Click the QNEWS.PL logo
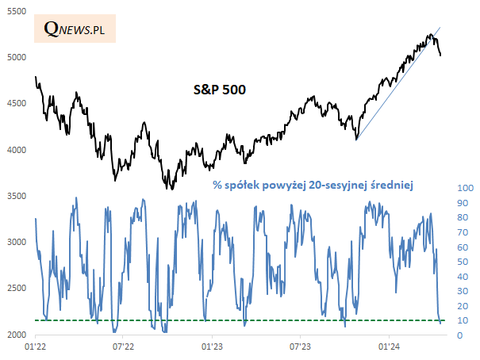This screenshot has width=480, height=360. (74, 29)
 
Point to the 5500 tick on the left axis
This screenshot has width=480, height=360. (17, 11)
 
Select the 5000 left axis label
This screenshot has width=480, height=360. (17, 58)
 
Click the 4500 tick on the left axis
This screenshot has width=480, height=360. (17, 104)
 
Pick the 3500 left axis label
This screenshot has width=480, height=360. (17, 197)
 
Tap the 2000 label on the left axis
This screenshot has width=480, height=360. (17, 335)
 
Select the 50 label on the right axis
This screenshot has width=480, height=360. (462, 262)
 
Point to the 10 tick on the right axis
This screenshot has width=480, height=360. (462, 320)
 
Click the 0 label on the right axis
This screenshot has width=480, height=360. (459, 335)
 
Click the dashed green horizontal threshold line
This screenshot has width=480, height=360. (238, 320)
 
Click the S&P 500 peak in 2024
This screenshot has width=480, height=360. (429, 34)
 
